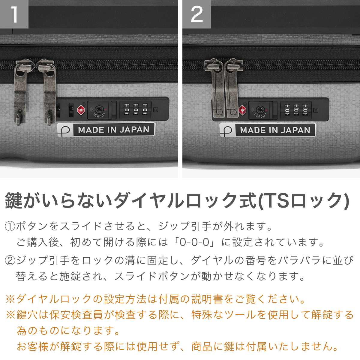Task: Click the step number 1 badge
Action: [x=14, y=14]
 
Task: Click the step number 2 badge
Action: [x=196, y=14]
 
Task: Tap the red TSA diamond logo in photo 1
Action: [x=81, y=110]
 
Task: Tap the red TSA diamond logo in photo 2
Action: [x=243, y=110]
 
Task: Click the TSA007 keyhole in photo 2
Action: [x=260, y=110]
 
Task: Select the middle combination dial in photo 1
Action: [x=136, y=109]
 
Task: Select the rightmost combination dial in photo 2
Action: [x=305, y=110]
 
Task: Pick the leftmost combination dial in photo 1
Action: [x=127, y=109]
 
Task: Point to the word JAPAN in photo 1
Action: [x=134, y=130]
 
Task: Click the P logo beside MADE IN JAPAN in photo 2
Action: [x=226, y=130]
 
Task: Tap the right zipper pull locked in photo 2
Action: [x=232, y=88]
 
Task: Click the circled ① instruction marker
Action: [x=10, y=226]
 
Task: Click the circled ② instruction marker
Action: [x=10, y=260]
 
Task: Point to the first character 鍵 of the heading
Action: [x=13, y=201]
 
